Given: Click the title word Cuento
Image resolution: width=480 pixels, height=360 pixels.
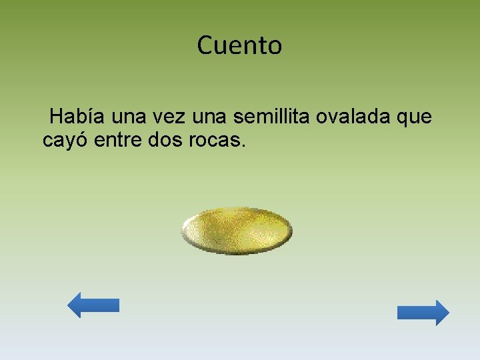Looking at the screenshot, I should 239,46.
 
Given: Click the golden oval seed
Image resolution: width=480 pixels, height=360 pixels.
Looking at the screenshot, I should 237,231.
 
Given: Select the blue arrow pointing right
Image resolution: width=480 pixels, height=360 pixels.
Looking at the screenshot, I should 423,313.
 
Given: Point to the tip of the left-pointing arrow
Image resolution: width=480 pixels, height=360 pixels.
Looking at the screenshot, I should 69,305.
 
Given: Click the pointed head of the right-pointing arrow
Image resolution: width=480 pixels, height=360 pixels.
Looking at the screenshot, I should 447,313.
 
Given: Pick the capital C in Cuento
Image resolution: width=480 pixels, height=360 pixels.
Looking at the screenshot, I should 205,46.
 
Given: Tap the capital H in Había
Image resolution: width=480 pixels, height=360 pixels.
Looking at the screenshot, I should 57,117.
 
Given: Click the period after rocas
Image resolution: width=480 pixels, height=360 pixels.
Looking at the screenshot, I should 243,147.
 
